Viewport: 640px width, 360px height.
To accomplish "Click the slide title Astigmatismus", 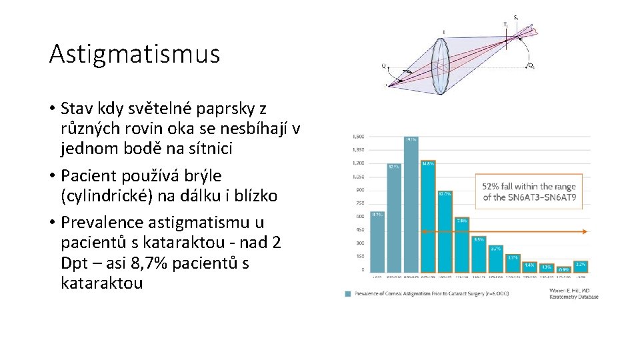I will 134,54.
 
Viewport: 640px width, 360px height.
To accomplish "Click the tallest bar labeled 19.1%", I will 411,207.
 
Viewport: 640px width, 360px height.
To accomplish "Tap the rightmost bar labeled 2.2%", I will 580,267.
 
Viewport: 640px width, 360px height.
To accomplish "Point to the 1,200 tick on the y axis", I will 358,163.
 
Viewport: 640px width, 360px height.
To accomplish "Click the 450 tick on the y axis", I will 359,230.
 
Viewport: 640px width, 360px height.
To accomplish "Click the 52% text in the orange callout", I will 492,187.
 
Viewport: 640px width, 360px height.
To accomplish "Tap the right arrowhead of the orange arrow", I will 585,232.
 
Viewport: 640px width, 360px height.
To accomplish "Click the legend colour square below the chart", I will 348,293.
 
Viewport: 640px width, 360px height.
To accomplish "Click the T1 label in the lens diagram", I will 505,25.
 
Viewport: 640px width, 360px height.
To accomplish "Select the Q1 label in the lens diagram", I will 530,66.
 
